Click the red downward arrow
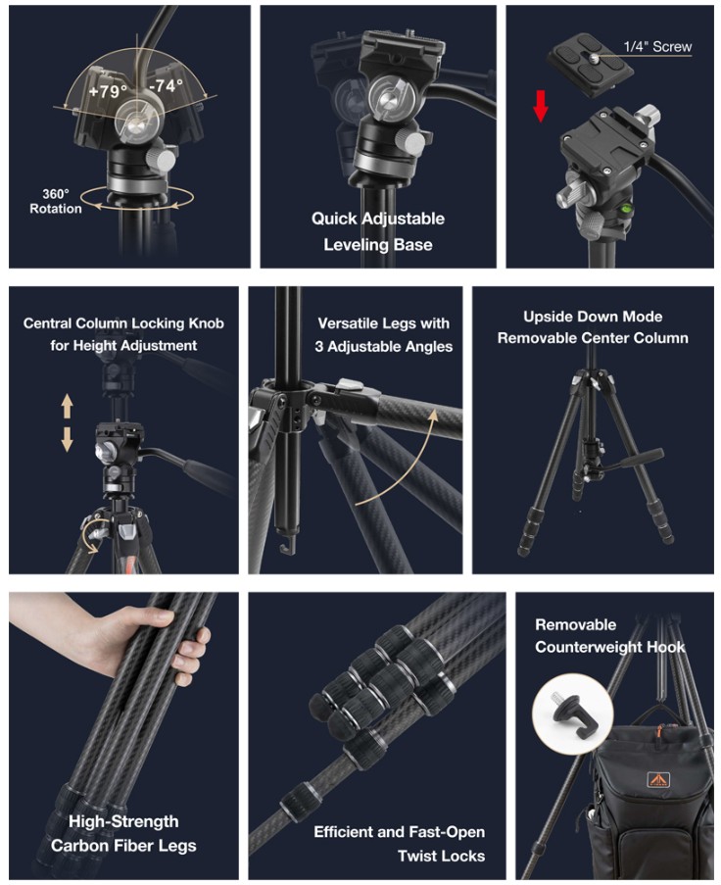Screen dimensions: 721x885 (541, 106)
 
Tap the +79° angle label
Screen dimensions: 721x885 (108, 90)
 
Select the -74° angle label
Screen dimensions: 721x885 (166, 85)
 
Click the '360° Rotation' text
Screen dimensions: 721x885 (55, 202)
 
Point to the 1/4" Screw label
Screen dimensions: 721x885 (657, 47)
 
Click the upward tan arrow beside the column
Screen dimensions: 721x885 (68, 406)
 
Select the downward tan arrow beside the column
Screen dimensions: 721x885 (68, 440)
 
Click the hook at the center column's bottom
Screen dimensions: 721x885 (287, 545)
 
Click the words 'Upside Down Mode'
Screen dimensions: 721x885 (593, 317)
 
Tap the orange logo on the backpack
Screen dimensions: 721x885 (656, 780)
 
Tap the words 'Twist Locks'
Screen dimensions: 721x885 (441, 857)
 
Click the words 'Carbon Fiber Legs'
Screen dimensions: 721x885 (123, 846)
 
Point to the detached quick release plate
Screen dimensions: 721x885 (590, 63)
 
